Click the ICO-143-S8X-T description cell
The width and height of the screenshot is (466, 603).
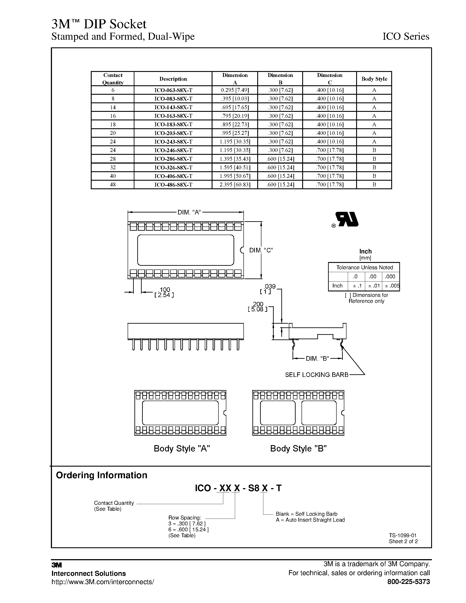coord(173,107)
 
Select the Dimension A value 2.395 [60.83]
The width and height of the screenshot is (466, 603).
coord(235,184)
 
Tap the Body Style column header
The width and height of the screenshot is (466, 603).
coord(374,79)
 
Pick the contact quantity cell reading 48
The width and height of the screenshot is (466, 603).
coord(113,184)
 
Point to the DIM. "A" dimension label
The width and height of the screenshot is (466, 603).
coord(189,212)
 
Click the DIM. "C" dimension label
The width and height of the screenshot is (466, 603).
coord(261,250)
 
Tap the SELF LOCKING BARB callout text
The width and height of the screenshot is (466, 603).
coord(317,375)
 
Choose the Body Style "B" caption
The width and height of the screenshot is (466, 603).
coord(298,448)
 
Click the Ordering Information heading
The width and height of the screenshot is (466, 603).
coord(102,475)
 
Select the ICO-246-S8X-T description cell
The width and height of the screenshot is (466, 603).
coord(173,150)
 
